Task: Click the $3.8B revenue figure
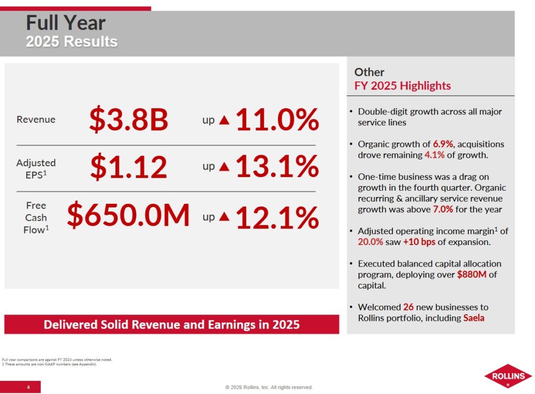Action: (129, 120)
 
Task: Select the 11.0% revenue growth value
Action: (277, 120)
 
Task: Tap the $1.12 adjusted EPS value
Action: (129, 167)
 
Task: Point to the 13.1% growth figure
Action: (277, 167)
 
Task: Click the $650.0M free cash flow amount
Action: (129, 216)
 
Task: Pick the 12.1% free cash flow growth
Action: (277, 217)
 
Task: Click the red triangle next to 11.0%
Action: (224, 120)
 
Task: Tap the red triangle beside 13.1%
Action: (224, 167)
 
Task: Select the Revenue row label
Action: (36, 120)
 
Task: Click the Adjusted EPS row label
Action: (36, 168)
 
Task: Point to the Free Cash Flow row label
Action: (36, 217)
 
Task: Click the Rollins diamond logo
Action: (507, 376)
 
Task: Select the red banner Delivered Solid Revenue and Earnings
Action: (171, 325)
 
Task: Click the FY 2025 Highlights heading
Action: (402, 86)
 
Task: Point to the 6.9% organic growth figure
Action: (443, 144)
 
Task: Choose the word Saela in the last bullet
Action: (473, 318)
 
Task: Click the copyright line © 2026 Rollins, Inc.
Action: (269, 387)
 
